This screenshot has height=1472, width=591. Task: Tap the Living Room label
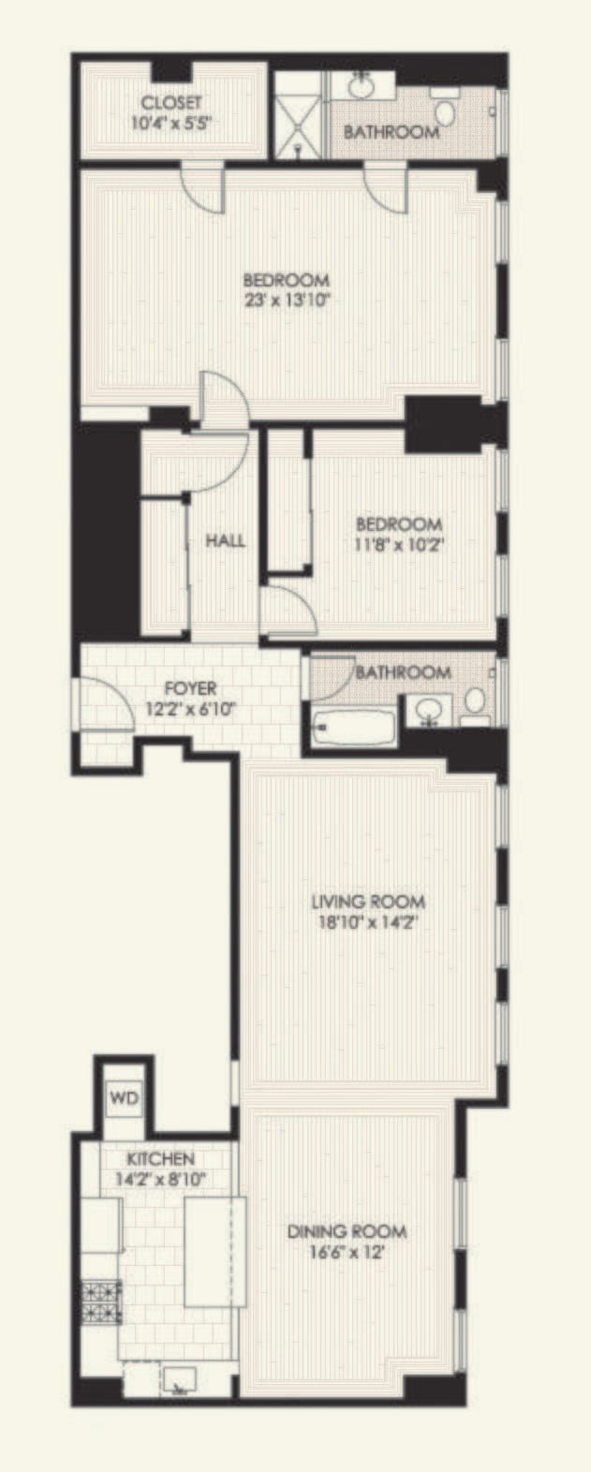click(x=368, y=902)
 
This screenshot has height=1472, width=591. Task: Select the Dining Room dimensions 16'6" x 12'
click(x=347, y=1252)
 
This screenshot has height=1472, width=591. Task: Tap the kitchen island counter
click(x=215, y=1253)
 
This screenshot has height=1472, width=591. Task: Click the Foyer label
click(x=190, y=688)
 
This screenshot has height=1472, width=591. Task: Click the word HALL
click(x=226, y=541)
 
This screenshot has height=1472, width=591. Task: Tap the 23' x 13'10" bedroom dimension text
click(x=286, y=300)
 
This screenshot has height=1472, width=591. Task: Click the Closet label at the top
click(x=171, y=102)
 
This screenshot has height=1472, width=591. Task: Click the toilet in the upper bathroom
click(x=445, y=110)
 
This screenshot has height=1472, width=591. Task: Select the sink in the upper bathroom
click(x=361, y=85)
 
